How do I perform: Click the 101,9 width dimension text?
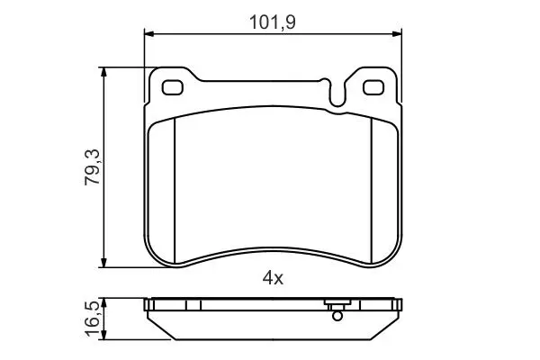272,22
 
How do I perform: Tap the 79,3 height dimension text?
93,167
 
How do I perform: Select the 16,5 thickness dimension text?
93,319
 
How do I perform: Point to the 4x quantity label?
273,278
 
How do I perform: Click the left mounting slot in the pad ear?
172,87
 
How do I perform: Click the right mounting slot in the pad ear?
373,87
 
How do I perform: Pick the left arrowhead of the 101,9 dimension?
148,34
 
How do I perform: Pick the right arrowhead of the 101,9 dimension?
397,34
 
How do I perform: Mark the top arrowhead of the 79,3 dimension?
103,72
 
